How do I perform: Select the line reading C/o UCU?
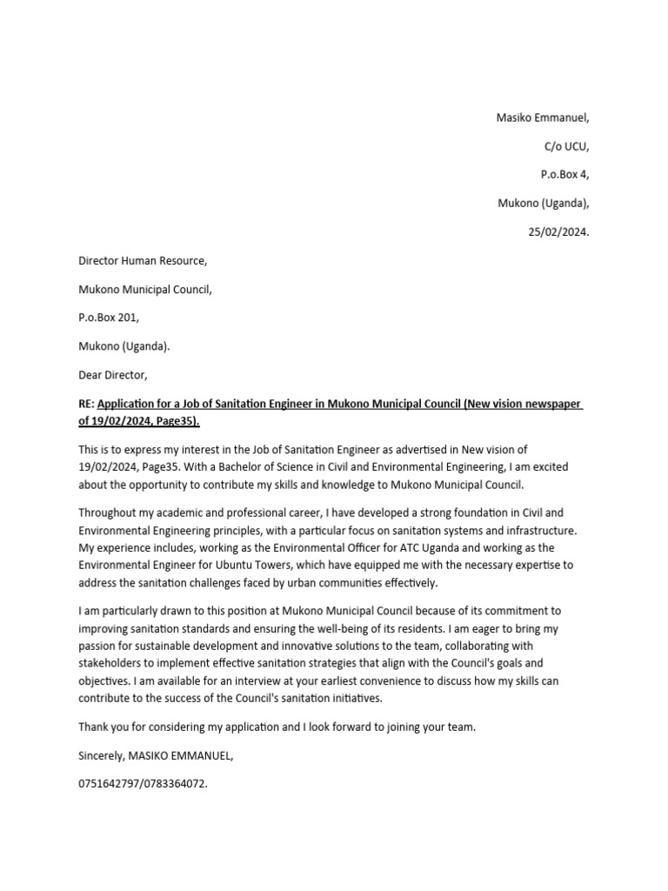click(x=565, y=147)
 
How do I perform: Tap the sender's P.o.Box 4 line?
click(x=564, y=175)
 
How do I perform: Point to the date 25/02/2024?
click(x=552, y=232)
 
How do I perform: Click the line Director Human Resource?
click(x=143, y=261)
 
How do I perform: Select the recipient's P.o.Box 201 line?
click(x=109, y=318)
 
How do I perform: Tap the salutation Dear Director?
click(x=113, y=375)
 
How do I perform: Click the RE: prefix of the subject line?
click(x=87, y=404)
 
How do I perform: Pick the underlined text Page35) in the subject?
click(x=178, y=422)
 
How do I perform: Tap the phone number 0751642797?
click(x=110, y=784)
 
